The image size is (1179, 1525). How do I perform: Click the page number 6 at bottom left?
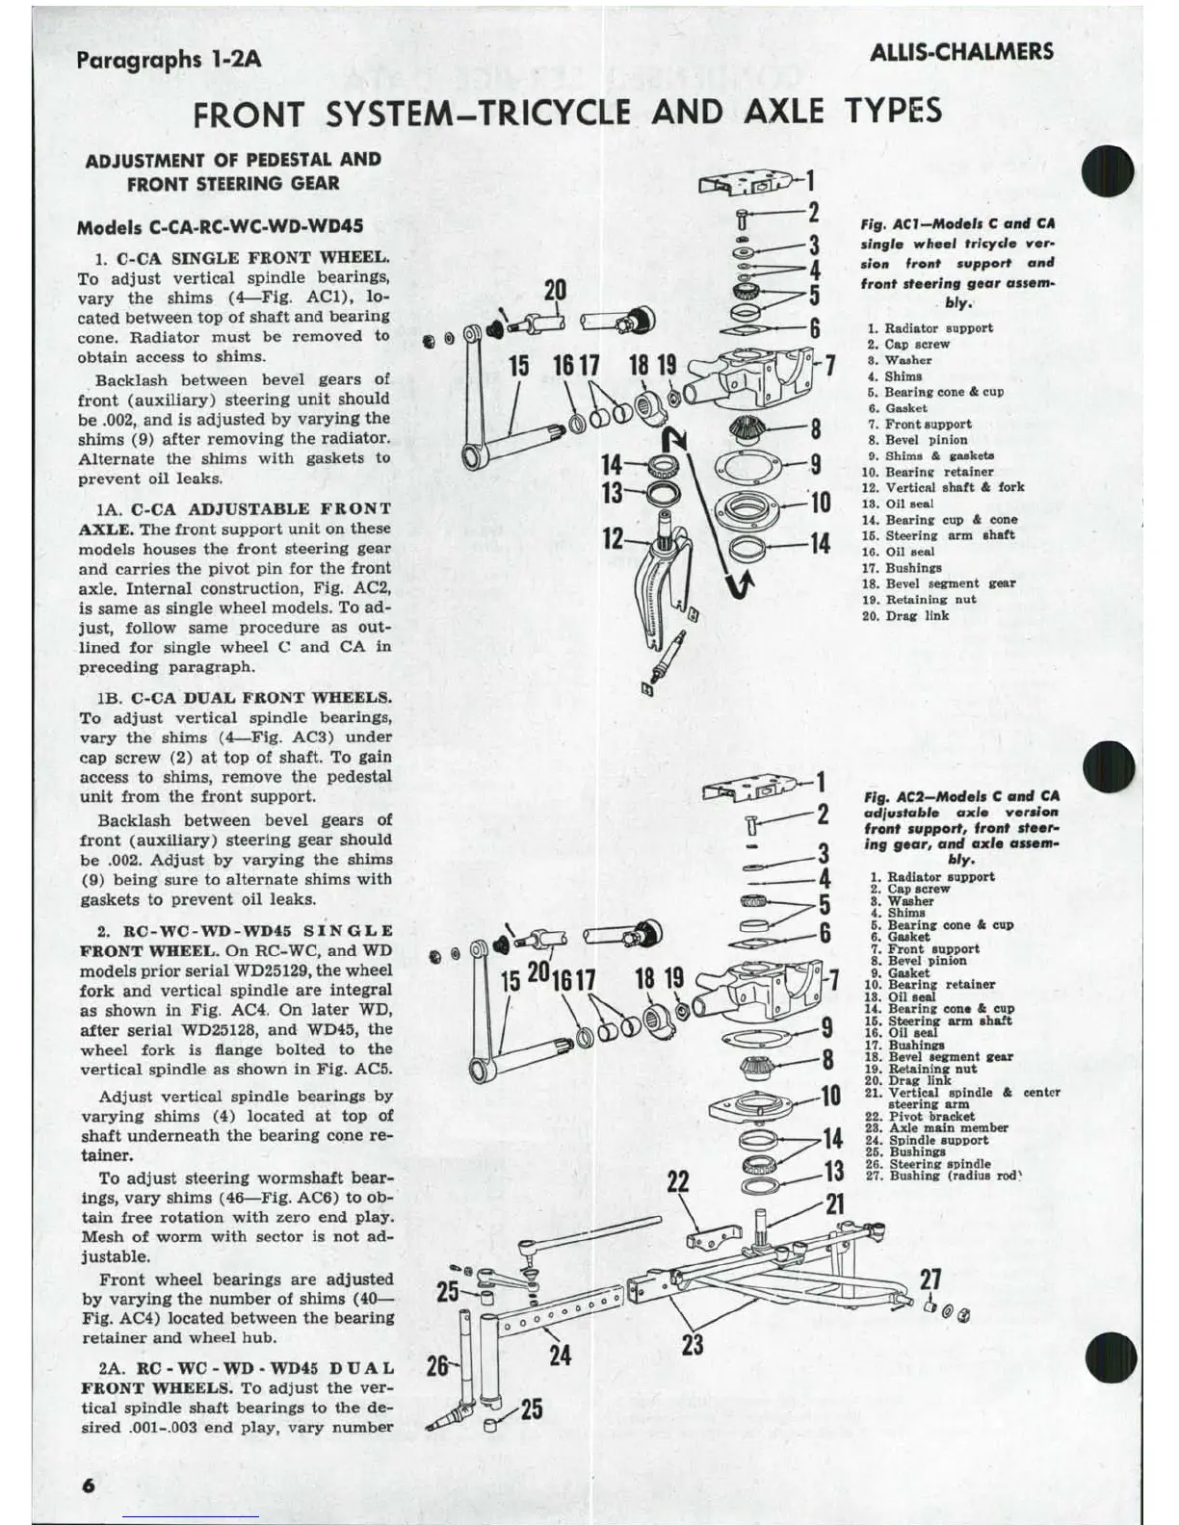tap(88, 1485)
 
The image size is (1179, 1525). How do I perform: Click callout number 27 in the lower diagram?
tap(930, 1279)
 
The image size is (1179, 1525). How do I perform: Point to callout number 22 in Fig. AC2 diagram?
tap(678, 1181)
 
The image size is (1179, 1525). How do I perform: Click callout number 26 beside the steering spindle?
tap(437, 1365)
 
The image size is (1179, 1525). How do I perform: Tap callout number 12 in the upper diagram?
tap(613, 538)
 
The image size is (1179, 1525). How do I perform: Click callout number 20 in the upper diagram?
tap(556, 290)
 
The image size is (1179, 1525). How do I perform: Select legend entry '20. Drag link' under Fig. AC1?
tap(906, 616)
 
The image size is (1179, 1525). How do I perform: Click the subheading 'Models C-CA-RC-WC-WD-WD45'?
tap(220, 228)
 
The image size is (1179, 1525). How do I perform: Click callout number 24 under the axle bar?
tap(560, 1356)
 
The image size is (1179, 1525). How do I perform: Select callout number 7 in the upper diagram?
tap(829, 367)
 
